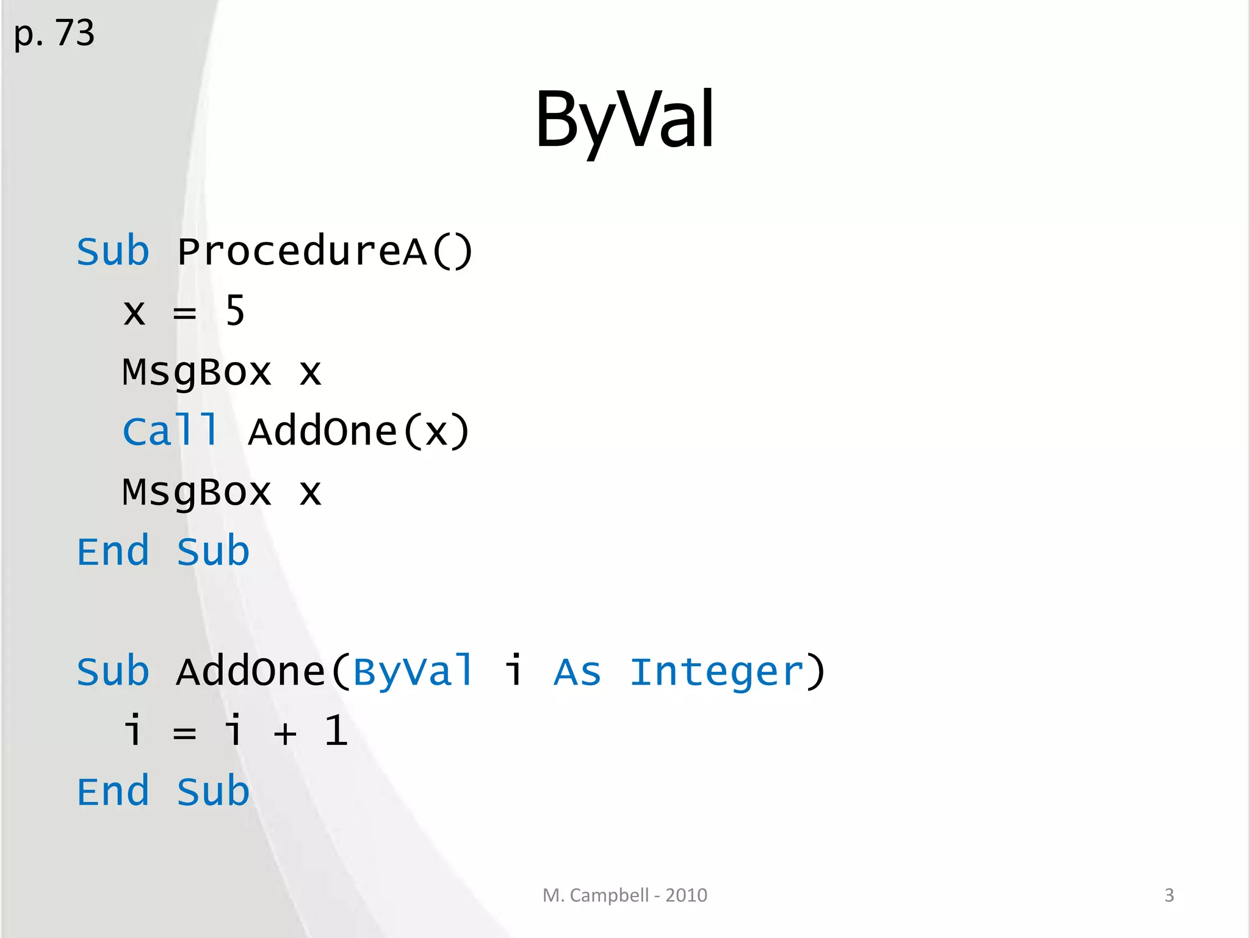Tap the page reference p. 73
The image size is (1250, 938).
point(54,33)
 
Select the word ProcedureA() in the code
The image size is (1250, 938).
point(325,252)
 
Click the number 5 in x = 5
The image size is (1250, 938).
point(235,311)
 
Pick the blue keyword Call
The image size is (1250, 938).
point(170,431)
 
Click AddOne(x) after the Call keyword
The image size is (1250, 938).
point(359,432)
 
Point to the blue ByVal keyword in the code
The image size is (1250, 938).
point(413,672)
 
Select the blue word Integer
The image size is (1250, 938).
point(717,673)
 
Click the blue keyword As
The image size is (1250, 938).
point(577,672)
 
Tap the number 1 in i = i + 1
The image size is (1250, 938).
point(336,731)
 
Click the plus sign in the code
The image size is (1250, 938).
point(285,733)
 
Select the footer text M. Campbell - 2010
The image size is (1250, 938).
point(624,895)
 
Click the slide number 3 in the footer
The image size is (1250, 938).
point(1169,895)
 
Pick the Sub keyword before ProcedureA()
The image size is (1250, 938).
point(113,252)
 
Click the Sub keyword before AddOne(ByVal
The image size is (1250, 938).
point(113,672)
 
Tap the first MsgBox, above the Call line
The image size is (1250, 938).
point(197,372)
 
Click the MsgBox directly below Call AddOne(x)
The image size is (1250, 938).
point(197,492)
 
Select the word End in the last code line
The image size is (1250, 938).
point(113,791)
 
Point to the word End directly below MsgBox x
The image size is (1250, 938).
point(113,551)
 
